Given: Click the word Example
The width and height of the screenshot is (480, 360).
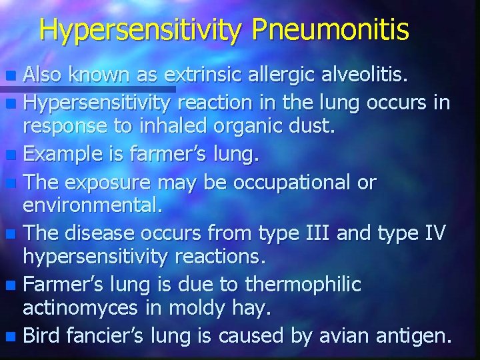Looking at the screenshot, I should (x=60, y=155).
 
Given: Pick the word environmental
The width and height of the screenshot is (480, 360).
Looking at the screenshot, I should (x=92, y=207).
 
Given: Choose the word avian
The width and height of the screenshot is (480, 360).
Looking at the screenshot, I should (x=358, y=335).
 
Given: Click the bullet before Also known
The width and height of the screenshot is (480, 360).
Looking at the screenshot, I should (x=12, y=77).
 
